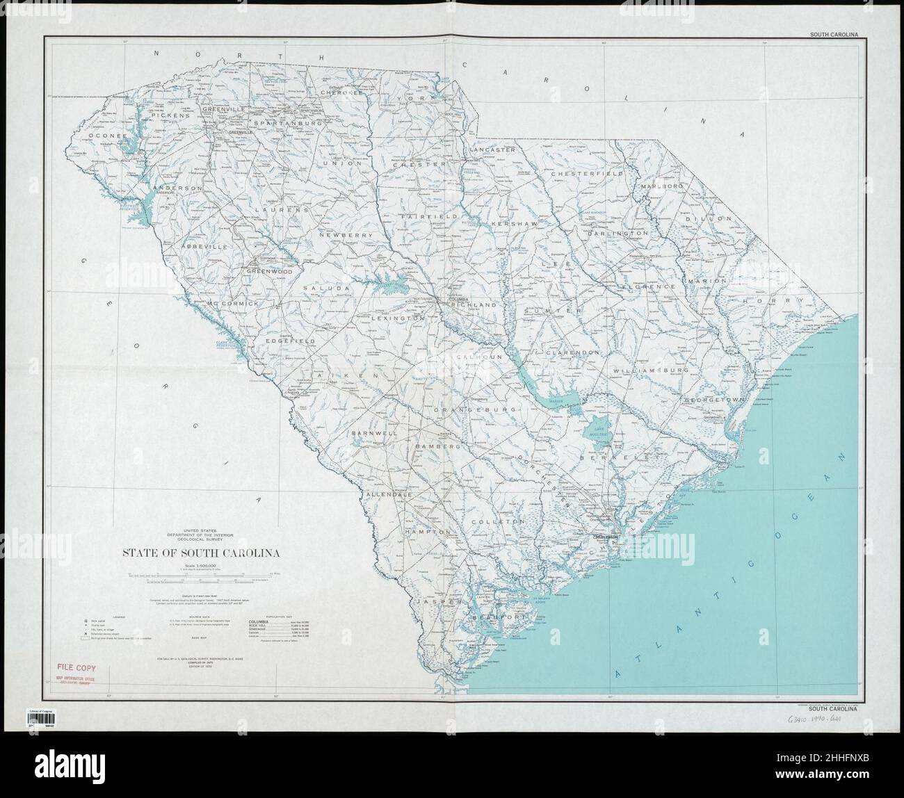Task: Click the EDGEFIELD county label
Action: coord(289,341)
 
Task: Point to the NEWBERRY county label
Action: coord(346,236)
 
